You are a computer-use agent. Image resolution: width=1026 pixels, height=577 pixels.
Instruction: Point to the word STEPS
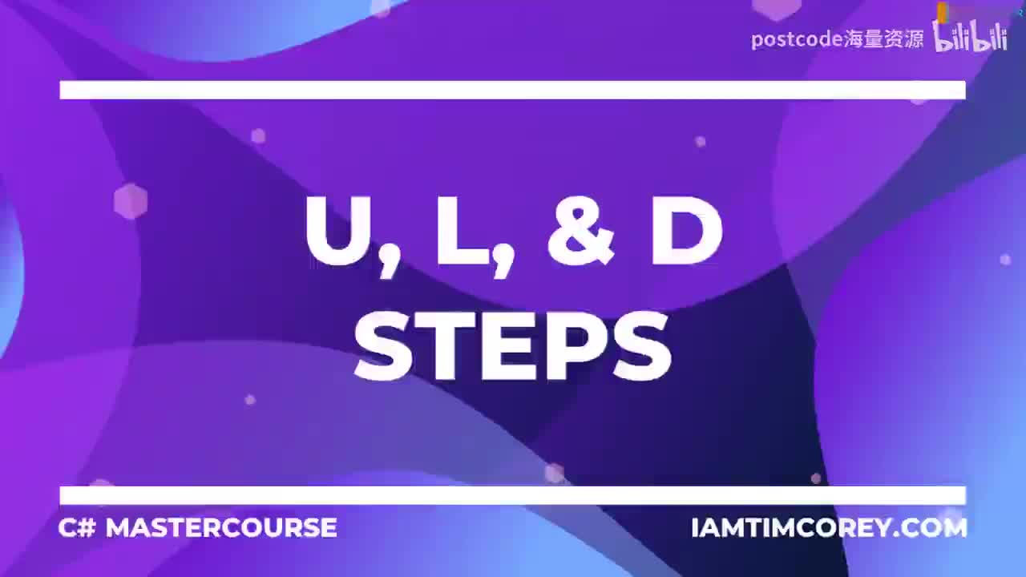point(513,346)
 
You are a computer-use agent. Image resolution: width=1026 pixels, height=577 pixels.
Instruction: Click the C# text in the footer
point(78,527)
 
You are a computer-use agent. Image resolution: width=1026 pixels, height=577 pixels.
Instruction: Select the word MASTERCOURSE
point(221,527)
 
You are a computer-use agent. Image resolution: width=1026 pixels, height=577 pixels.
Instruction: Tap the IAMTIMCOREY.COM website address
point(829,527)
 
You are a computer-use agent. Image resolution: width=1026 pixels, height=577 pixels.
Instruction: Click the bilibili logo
point(970,37)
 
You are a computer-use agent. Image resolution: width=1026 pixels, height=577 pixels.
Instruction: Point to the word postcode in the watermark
point(796,39)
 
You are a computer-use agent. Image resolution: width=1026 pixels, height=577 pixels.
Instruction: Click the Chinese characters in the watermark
point(883,39)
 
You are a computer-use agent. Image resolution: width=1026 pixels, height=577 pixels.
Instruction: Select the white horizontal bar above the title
point(513,90)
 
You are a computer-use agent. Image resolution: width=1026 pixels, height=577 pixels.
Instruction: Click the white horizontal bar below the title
point(513,495)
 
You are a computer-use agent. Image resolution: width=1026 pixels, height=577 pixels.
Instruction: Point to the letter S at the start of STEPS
point(386,346)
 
